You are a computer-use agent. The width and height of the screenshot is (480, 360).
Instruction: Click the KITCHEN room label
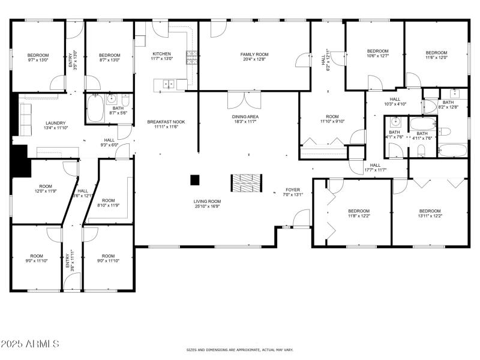(162, 53)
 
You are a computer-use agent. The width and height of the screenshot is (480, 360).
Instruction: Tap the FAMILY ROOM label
(254, 54)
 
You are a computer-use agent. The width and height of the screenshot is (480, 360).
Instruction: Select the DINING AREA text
(245, 116)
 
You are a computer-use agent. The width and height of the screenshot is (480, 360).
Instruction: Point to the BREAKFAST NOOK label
(166, 122)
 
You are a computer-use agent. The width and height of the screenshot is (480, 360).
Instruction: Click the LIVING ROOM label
(207, 202)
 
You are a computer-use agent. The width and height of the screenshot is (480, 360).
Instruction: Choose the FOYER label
(293, 190)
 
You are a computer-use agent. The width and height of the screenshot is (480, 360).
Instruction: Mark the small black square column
(195, 179)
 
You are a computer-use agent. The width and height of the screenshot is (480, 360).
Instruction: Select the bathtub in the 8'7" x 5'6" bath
(95, 110)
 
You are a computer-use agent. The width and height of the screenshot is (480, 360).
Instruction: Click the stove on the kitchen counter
(193, 58)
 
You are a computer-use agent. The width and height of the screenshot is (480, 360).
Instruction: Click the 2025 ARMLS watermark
(30, 344)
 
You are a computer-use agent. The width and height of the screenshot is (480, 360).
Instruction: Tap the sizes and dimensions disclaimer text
(239, 349)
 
